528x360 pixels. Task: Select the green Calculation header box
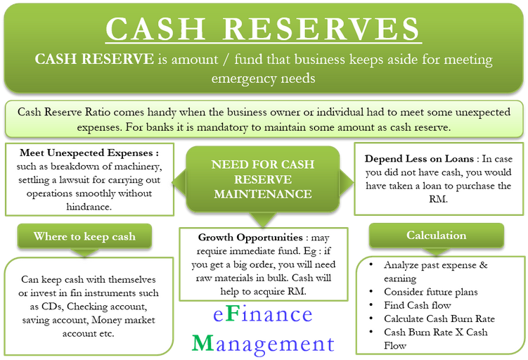pos(437,236)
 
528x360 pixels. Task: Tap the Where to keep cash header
pos(84,236)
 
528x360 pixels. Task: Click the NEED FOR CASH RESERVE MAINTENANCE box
pos(263,179)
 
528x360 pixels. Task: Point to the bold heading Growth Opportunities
pos(250,238)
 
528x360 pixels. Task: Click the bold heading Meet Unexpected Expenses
pos(87,153)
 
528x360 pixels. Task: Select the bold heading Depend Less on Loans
pos(419,159)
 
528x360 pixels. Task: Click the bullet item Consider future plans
pos(431,292)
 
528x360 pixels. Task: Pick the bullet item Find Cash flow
pos(417,305)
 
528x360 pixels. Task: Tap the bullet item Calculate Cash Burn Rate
pos(439,319)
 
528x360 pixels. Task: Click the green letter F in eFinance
pos(232,314)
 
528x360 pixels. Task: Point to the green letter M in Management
pos(203,343)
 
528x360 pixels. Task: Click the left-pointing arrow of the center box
pos(179,182)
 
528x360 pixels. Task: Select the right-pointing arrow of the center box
pos(347,182)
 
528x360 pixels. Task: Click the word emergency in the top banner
pos(243,79)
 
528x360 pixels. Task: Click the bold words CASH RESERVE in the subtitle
pos(94,59)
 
